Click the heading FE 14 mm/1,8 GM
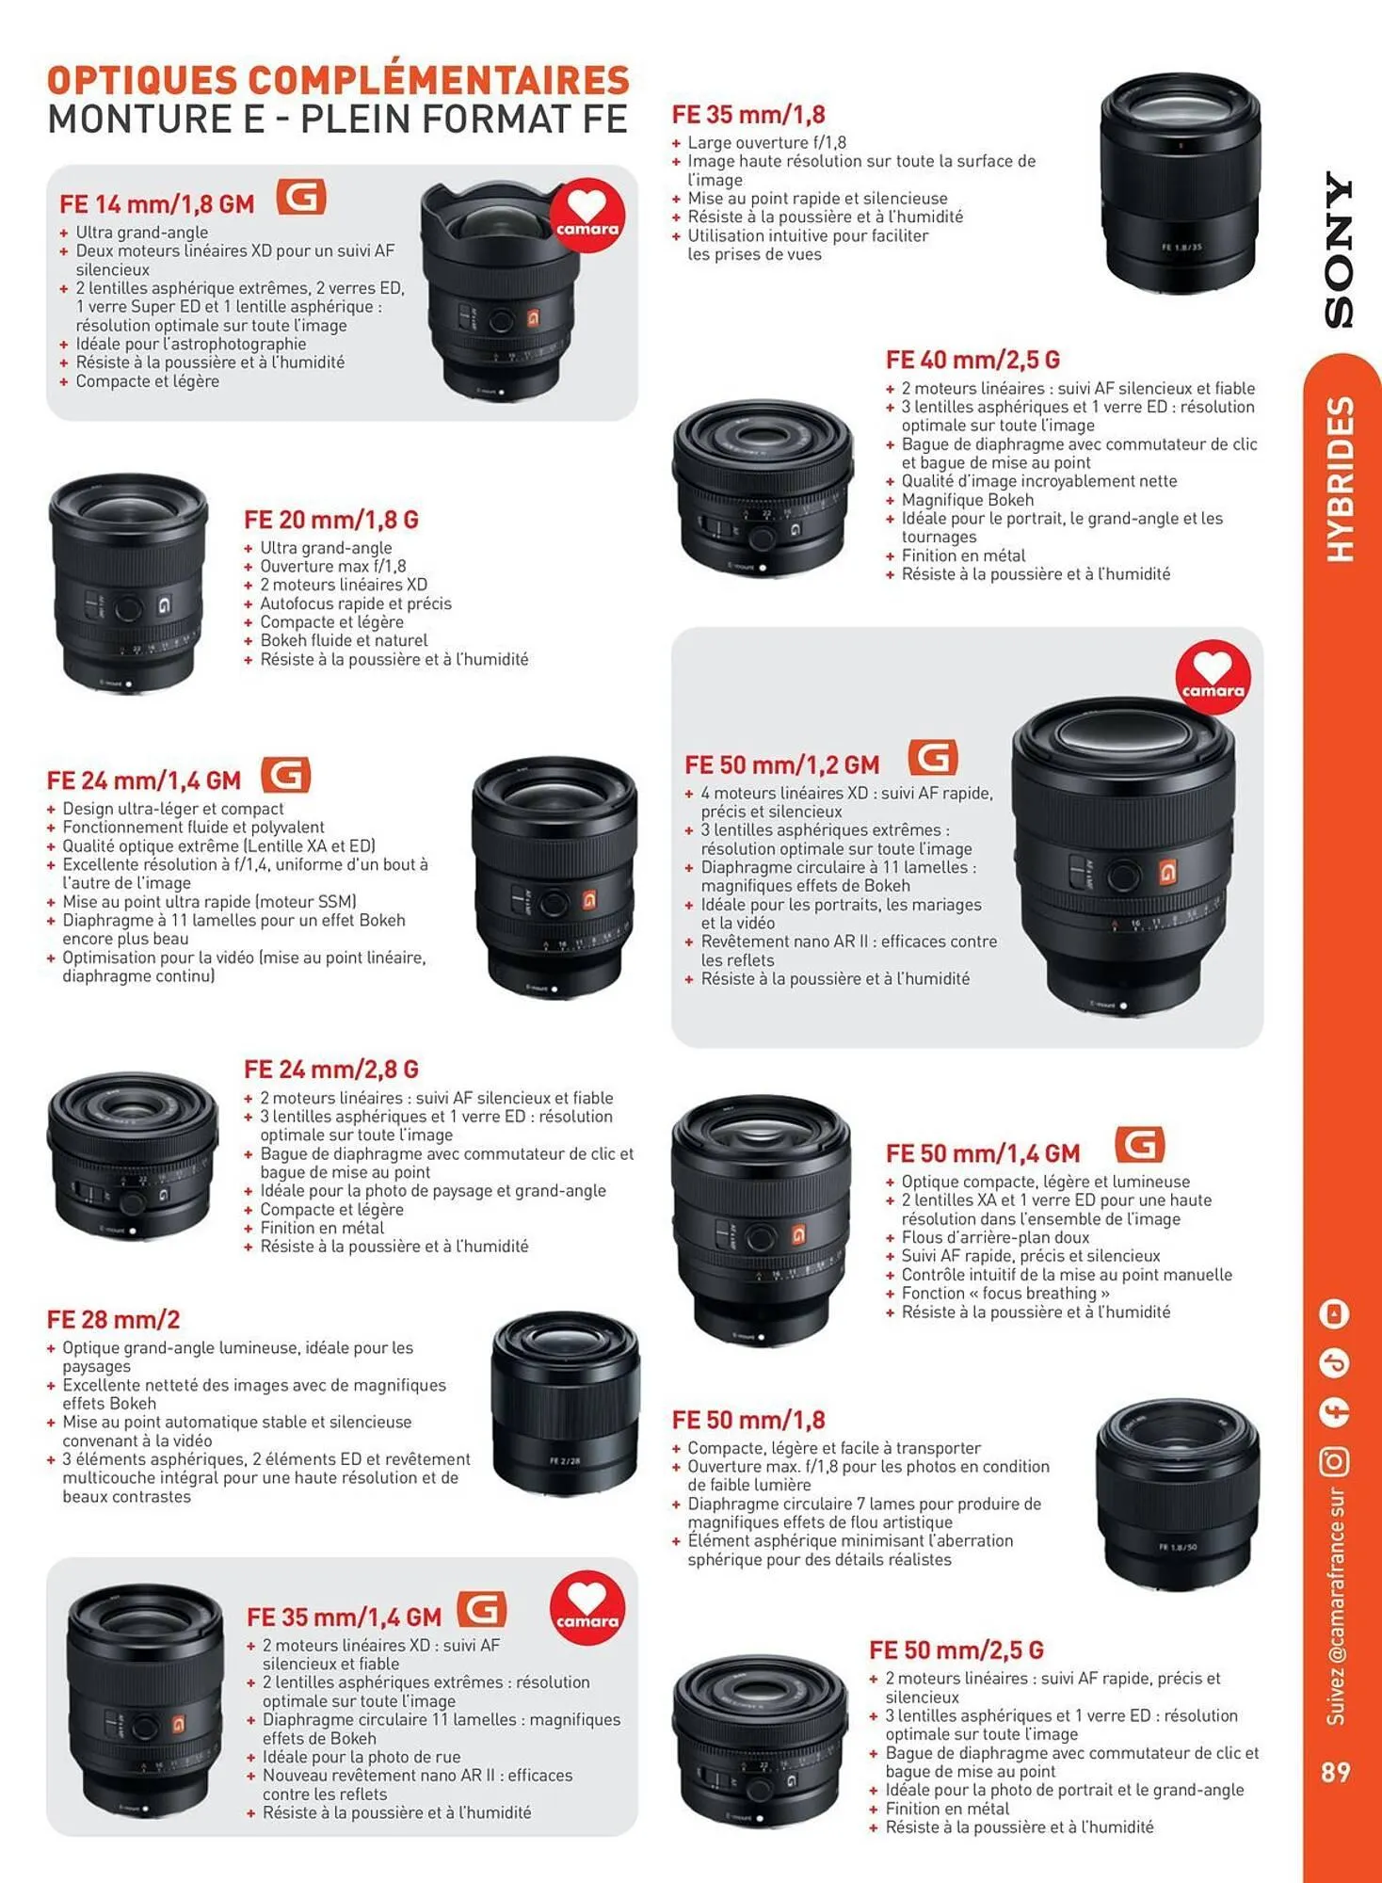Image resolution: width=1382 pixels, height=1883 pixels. (156, 204)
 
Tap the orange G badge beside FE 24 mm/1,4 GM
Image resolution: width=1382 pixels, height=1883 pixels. (285, 776)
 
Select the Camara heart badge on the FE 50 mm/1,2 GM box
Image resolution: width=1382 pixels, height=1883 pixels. (1213, 677)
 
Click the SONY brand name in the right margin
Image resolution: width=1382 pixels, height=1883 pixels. (1338, 249)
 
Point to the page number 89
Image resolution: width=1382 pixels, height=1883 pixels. (1335, 1772)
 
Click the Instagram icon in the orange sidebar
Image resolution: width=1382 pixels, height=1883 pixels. (1335, 1461)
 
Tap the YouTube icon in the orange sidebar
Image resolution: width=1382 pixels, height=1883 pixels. (1335, 1313)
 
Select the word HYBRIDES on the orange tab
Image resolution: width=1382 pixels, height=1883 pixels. (1340, 480)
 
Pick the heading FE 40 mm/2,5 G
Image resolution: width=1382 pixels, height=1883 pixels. (972, 360)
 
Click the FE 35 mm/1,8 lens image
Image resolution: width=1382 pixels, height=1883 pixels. (1180, 184)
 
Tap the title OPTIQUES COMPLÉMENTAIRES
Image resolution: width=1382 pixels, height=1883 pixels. (338, 80)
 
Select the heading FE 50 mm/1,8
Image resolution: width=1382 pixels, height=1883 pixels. (748, 1420)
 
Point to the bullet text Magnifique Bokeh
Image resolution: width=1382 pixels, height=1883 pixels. (967, 500)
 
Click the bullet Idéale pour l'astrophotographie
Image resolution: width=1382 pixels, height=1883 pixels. (190, 344)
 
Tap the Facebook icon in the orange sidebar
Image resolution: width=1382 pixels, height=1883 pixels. (1335, 1411)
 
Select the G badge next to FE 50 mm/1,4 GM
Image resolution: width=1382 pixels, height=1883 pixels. (1139, 1145)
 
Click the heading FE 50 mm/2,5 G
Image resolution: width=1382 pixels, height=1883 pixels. (956, 1650)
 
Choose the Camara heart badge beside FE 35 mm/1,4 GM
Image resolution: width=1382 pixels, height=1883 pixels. (587, 1610)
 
